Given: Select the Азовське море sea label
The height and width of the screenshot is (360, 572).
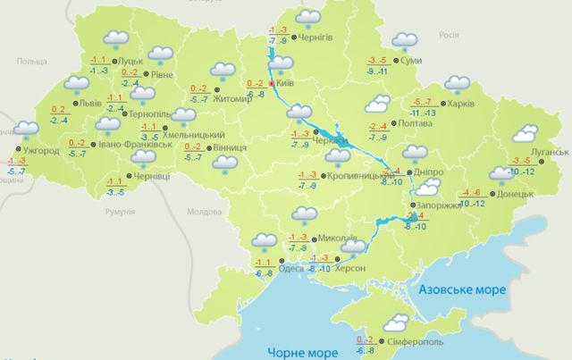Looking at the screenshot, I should (x=460, y=291).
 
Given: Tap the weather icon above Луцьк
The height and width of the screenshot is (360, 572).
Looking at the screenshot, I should (x=115, y=39).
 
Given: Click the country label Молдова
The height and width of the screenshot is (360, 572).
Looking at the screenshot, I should (x=202, y=212).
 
